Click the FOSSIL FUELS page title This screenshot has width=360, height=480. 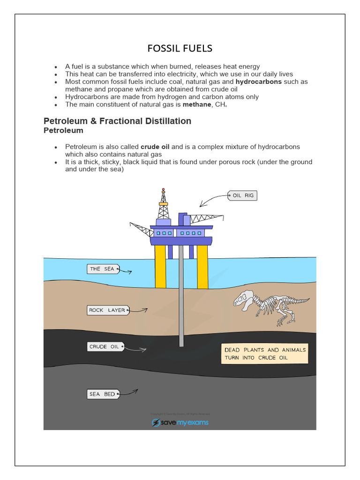point(180,48)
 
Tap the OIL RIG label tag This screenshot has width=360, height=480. point(243,195)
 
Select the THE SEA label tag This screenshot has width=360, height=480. point(102,269)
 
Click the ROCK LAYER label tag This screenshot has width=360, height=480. point(107,310)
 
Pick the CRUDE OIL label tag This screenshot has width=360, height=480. point(105,347)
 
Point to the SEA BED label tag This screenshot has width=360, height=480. point(102,394)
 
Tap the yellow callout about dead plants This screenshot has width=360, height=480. point(265,354)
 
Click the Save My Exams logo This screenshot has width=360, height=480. point(180,422)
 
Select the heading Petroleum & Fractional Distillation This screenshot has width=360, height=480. point(117,121)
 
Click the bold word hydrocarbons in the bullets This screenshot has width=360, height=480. point(259,82)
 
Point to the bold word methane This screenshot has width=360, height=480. point(197,105)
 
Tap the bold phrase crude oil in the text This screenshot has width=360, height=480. point(155,147)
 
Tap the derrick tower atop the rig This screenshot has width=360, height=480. point(163,206)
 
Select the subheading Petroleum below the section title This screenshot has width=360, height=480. point(63,130)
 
